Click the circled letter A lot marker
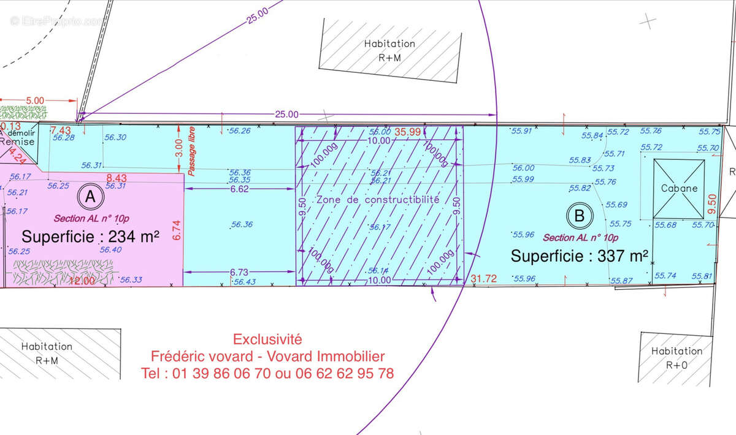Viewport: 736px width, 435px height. pyautogui.click(x=90, y=197)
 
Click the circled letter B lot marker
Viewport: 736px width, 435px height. pyautogui.click(x=580, y=215)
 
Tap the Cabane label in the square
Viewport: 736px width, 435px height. pyautogui.click(x=679, y=188)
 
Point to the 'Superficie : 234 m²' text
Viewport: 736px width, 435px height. pyautogui.click(x=91, y=236)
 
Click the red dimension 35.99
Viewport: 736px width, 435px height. pyautogui.click(x=407, y=131)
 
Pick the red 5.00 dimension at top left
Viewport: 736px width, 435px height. pyautogui.click(x=36, y=100)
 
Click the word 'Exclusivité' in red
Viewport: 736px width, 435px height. pyautogui.click(x=267, y=339)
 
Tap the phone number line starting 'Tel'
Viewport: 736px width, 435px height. pyautogui.click(x=267, y=373)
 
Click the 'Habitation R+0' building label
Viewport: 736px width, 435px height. pyautogui.click(x=677, y=358)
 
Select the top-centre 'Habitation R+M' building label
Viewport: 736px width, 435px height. pyautogui.click(x=389, y=49)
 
